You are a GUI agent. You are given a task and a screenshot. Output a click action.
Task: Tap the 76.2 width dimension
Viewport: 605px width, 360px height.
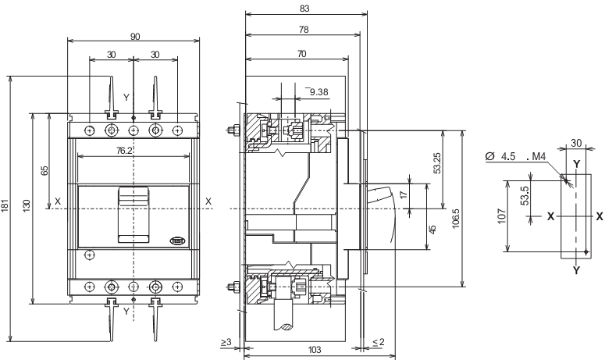point(133,148)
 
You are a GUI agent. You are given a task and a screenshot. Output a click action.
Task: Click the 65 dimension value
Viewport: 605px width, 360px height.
point(44,171)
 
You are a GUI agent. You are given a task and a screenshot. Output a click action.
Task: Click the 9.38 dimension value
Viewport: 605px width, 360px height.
point(319,93)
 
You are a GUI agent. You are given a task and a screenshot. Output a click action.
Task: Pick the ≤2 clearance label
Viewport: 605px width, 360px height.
point(377,342)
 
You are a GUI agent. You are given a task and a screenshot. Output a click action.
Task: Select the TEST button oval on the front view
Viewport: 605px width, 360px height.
point(177,240)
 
